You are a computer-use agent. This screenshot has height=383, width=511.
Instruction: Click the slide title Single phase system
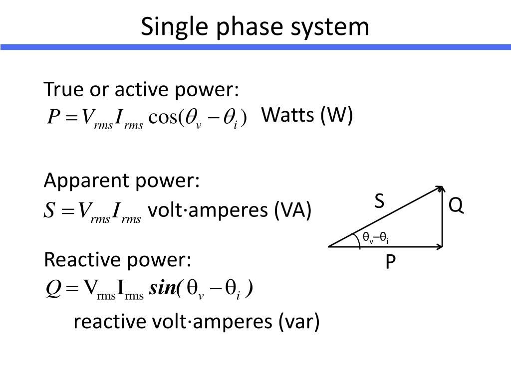coord(255,26)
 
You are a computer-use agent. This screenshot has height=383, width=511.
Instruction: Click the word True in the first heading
coord(63,90)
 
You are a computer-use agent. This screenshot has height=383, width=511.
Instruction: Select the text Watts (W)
coord(307,116)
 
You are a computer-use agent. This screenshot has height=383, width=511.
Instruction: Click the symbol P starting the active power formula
coord(53,118)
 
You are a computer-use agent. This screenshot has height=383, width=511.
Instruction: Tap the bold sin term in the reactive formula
coord(163,288)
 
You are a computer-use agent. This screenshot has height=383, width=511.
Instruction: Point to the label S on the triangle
coord(379,202)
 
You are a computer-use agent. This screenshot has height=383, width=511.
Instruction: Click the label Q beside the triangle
coord(456,205)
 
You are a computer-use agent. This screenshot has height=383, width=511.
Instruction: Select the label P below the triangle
coord(391,262)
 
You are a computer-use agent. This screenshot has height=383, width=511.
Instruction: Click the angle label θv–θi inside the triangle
coord(375,238)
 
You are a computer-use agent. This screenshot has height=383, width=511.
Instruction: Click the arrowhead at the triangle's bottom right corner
coord(440,246)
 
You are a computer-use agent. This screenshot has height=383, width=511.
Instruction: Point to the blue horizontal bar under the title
coord(255,47)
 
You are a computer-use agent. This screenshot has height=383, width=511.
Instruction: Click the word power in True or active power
coord(209,90)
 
